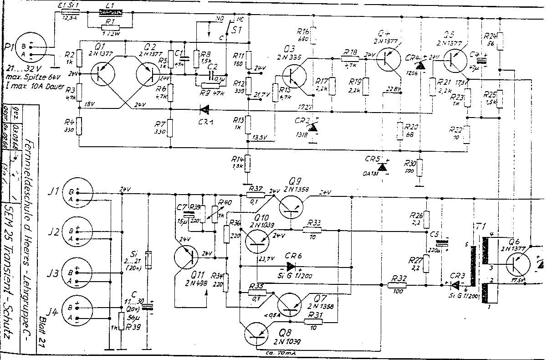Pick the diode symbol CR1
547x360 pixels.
click(x=205, y=109)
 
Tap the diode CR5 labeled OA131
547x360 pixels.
click(x=383, y=167)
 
